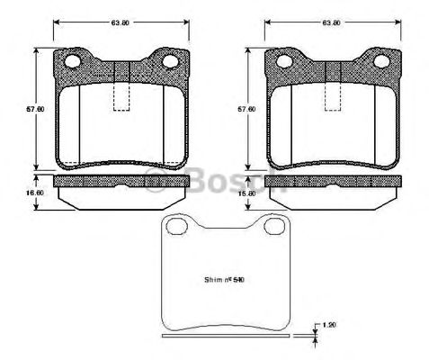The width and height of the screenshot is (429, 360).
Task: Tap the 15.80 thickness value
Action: (240, 192)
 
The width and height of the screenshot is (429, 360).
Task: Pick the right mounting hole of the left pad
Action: (171, 62)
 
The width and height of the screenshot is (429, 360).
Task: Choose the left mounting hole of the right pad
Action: (285, 62)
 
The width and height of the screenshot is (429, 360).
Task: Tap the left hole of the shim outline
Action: (175, 232)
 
